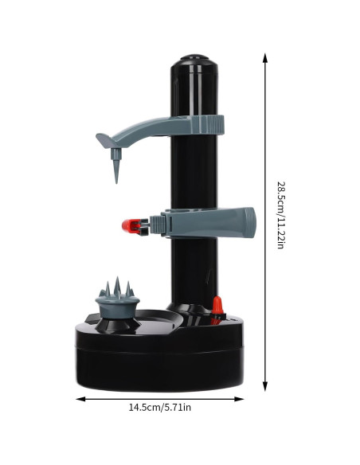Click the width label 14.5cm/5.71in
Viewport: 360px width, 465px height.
(159, 407)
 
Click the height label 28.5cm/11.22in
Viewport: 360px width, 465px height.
(281, 215)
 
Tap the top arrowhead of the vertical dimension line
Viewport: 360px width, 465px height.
(265, 58)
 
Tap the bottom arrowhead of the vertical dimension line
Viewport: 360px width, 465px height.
(265, 386)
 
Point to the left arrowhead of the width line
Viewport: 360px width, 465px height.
(80, 399)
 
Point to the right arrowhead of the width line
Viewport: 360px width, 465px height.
(239, 399)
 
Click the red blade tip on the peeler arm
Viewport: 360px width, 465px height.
(127, 225)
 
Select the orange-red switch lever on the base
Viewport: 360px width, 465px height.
(217, 306)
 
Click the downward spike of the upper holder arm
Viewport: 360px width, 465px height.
(116, 166)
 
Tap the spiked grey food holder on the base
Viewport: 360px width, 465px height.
(118, 299)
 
